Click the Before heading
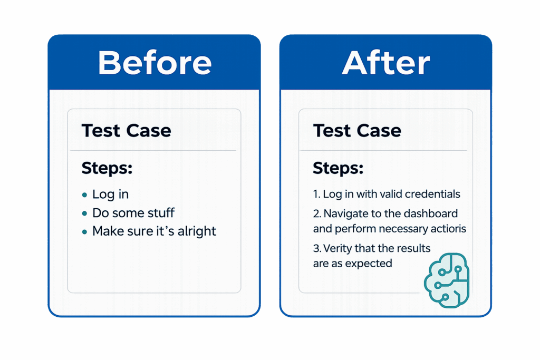(x=155, y=63)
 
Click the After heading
(x=385, y=63)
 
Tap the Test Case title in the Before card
(x=126, y=130)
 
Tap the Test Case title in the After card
(x=357, y=130)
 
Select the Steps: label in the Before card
(x=107, y=169)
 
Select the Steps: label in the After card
(x=337, y=169)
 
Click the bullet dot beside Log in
(x=85, y=195)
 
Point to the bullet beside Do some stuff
(x=85, y=213)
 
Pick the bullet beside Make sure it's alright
(x=85, y=231)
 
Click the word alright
(x=196, y=231)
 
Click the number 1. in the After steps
(x=316, y=194)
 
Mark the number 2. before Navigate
(x=317, y=213)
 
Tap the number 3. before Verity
(x=317, y=248)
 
